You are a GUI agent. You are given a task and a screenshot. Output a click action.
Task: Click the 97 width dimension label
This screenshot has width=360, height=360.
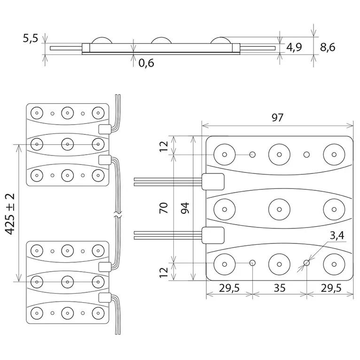coord(277,117)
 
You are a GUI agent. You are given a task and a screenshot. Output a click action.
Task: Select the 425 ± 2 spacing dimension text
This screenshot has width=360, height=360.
coord(10,214)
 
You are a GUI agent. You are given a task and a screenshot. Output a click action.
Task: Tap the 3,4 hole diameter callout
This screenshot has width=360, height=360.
coord(337,235)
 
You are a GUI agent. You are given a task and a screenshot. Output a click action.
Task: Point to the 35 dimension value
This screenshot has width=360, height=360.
coord(280,288)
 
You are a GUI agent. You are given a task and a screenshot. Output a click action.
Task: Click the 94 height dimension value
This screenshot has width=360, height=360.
coord(185,208)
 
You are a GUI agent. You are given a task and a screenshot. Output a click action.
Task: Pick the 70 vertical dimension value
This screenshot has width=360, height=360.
coord(164,208)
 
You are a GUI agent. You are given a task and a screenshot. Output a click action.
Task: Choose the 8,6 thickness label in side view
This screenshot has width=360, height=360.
coord(328,47)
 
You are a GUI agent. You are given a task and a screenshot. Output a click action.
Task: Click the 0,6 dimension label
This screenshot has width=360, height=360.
coord(146,63)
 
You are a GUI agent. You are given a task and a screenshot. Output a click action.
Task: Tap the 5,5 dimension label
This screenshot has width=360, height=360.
coord(30,38)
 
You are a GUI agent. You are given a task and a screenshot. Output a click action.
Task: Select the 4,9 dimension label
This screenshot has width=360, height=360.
coord(294,47)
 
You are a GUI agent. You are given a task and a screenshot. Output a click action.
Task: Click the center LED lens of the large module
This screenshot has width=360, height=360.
coord(279,210)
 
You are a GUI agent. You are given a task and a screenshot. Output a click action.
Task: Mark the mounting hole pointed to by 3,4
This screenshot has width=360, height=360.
coord(306,263)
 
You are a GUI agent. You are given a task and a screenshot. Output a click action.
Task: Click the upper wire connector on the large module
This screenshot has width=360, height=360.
coord(213,181)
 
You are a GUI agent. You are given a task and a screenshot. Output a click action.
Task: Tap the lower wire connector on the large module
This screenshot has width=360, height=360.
coord(213,235)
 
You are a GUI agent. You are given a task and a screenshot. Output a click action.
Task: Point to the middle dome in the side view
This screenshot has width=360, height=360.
coord(161,40)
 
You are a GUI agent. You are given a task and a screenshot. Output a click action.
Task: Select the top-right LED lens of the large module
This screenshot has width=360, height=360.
coord(334,155)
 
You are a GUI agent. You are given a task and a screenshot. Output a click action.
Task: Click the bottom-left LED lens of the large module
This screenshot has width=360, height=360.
coord(225,265)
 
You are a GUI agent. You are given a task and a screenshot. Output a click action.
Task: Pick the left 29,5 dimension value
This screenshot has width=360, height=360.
coord(229,288)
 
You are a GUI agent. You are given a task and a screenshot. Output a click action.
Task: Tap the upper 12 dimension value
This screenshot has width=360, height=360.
coord(164,146)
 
